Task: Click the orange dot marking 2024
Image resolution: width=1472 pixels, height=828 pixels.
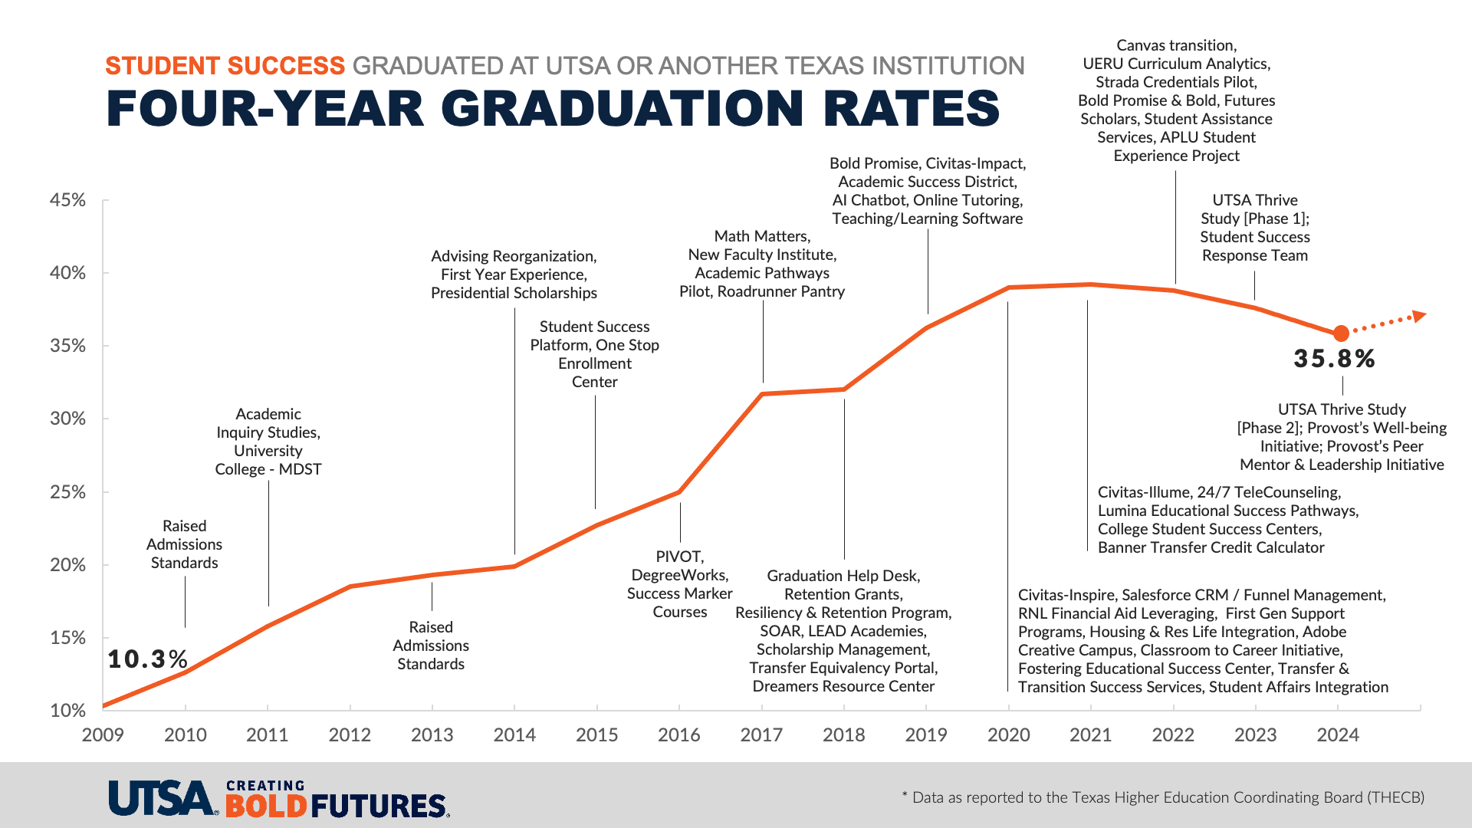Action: pos(1341,333)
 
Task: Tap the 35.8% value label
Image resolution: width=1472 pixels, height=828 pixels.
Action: pos(1334,359)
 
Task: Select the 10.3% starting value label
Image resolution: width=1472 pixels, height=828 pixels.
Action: pos(147,659)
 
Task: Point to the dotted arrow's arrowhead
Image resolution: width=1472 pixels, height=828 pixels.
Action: pos(1420,315)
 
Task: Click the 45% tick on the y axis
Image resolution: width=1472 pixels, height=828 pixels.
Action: pos(68,200)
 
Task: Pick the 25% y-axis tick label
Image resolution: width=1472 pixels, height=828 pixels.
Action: pos(68,492)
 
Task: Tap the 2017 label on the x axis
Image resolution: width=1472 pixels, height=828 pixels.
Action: pos(761,735)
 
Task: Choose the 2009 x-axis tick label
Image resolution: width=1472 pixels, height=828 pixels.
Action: pos(103,735)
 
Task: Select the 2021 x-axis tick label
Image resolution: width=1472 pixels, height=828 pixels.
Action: pos(1090,735)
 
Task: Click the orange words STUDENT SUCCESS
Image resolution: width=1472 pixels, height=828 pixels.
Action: pos(225,66)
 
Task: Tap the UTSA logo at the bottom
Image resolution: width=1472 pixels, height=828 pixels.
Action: pos(162,798)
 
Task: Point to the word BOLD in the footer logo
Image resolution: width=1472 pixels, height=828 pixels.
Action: pos(266,807)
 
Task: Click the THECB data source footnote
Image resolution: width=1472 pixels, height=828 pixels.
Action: pos(1163,797)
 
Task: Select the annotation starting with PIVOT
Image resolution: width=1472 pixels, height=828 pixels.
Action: pos(680,584)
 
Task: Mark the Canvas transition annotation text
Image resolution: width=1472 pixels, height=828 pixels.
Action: pos(1176,100)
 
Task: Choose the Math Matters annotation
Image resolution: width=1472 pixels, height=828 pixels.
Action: pos(762,264)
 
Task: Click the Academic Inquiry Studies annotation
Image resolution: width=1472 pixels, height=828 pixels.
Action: pos(268,442)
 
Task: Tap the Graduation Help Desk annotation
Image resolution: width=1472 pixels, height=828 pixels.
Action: pos(843,631)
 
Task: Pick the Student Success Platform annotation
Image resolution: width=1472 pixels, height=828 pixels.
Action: pos(595,354)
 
